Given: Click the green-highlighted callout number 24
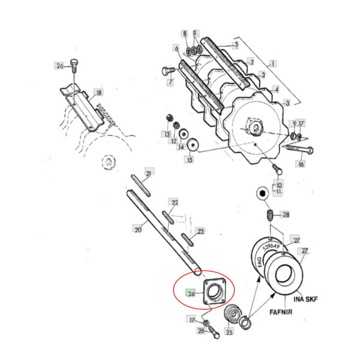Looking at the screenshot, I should [191, 294].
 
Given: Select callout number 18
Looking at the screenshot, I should [99, 92].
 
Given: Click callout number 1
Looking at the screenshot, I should [273, 64].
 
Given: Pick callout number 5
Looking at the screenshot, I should [236, 44].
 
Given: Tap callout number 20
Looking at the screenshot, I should [138, 229].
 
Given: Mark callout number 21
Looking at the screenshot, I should [149, 174].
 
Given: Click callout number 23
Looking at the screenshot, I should [200, 231].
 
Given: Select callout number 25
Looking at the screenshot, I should [229, 331].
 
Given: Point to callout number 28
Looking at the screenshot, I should [286, 214].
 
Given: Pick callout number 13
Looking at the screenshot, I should [167, 134].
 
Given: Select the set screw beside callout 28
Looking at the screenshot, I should [270, 214].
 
